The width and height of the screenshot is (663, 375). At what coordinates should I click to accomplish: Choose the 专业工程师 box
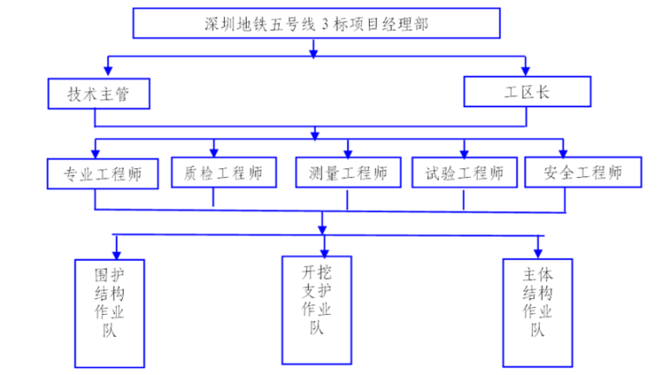(102, 173)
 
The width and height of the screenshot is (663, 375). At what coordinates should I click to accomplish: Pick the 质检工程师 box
(223, 173)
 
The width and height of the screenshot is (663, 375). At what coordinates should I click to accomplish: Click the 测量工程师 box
(347, 173)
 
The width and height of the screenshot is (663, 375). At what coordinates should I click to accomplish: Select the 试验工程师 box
(463, 173)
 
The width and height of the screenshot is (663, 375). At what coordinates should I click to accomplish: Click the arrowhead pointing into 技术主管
(107, 71)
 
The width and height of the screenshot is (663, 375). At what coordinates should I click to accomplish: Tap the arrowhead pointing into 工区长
(525, 71)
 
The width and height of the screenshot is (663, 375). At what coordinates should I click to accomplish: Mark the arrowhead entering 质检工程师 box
(213, 152)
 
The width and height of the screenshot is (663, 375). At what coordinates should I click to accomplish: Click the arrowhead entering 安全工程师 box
(564, 152)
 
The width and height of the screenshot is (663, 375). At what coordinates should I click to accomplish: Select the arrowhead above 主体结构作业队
(540, 249)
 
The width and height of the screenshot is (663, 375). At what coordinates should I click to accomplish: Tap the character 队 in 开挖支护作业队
(317, 328)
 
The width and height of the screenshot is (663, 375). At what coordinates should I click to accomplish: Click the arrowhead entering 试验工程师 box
(463, 152)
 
